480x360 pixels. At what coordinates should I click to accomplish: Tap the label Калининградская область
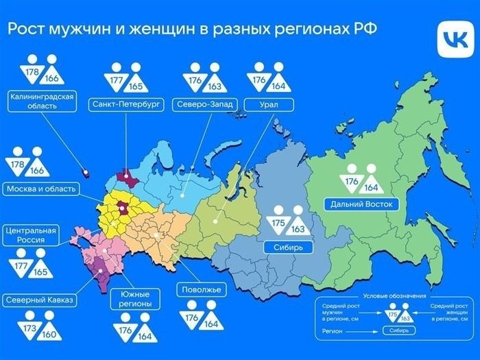[x=42, y=101]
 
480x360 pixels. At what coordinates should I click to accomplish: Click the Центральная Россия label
[x=29, y=235]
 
